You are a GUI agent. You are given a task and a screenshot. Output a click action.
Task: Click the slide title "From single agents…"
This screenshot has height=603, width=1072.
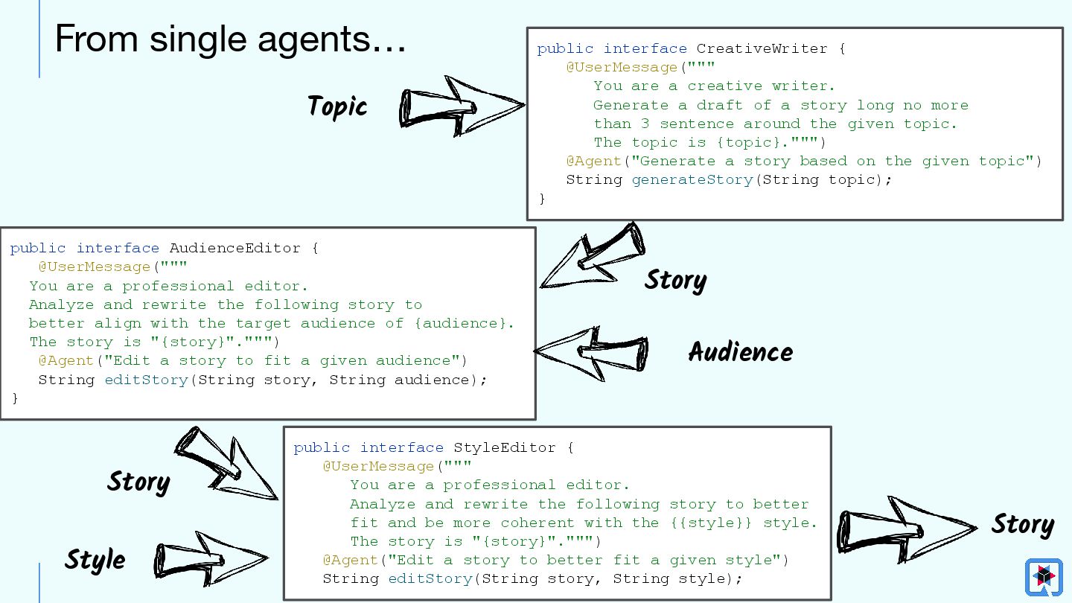[x=230, y=39]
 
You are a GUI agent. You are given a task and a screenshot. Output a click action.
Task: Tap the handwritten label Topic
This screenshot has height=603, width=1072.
[x=337, y=106]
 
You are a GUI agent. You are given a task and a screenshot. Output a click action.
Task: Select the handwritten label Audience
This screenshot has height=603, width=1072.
[x=740, y=351]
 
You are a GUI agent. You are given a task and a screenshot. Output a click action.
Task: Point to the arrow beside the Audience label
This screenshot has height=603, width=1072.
[x=592, y=349]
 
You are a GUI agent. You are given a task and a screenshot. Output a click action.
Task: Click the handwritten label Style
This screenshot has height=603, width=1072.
[x=95, y=560]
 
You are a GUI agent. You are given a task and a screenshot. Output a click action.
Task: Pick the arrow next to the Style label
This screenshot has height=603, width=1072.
[x=210, y=558]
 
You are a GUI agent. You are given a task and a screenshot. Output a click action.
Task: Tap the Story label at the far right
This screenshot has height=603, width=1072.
[x=1021, y=524]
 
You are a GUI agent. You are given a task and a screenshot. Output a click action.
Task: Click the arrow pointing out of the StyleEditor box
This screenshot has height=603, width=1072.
[x=904, y=527]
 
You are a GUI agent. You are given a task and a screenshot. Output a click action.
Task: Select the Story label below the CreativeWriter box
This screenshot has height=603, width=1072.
[x=674, y=280]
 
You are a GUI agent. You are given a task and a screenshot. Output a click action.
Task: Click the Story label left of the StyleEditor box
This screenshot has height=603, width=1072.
[x=138, y=482]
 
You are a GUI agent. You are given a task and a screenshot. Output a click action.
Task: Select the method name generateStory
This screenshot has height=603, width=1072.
[x=692, y=180]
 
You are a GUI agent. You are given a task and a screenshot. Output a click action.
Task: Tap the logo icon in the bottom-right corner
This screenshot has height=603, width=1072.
[x=1043, y=576]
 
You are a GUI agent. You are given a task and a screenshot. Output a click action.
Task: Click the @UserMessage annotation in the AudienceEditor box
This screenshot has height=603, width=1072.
[x=95, y=267]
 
